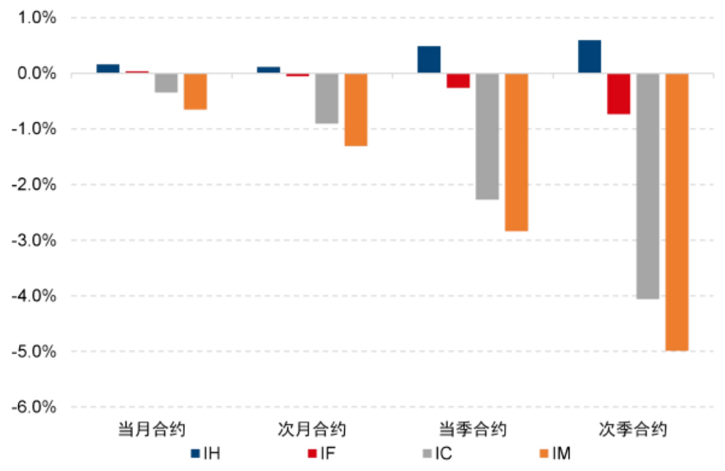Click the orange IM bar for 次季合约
tap(677, 212)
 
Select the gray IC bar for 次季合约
tap(647, 186)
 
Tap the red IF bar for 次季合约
tap(618, 93)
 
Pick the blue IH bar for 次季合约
tap(590, 57)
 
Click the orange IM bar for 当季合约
tap(516, 152)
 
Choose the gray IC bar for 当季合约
tap(487, 136)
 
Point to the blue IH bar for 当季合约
tap(429, 60)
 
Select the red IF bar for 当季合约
tap(458, 81)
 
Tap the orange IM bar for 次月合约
tap(356, 109)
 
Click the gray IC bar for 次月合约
tap(326, 98)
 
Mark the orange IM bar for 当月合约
tap(195, 92)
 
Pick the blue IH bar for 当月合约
tap(108, 68)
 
